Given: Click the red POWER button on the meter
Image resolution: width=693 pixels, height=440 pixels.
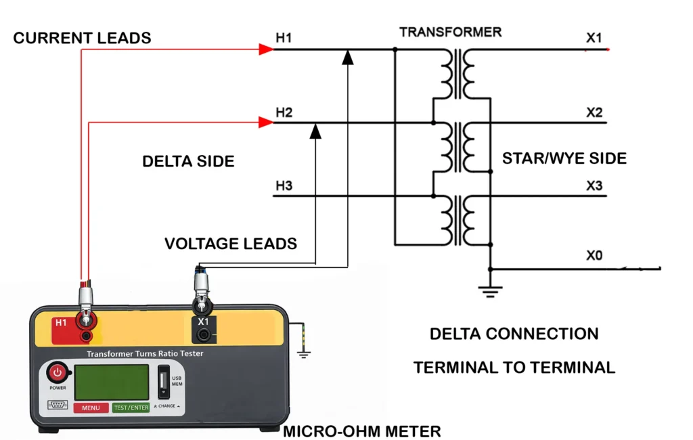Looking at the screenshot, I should [58, 373].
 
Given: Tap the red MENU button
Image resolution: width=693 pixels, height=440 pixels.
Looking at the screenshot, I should [91, 408].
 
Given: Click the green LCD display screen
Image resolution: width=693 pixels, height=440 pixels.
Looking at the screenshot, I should [112, 381].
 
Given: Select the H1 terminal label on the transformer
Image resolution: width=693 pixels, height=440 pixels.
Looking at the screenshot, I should [284, 38].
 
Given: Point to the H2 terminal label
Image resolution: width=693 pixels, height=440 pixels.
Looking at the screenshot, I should [284, 112].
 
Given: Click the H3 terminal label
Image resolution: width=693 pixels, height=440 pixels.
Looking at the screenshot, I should [284, 185].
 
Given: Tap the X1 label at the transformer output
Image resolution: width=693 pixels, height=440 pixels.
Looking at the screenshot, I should [594, 38].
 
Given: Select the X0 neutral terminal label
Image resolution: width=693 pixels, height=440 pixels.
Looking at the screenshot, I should [594, 256].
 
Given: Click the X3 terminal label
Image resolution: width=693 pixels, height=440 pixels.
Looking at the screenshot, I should [594, 185].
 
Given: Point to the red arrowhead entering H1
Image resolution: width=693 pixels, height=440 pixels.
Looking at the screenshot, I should [266, 49].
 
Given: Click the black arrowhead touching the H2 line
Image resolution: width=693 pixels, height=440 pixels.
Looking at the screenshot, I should [315, 131].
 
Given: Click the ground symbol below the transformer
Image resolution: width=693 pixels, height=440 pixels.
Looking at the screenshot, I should [490, 291].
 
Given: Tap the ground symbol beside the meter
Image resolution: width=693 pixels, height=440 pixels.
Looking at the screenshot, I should [304, 353].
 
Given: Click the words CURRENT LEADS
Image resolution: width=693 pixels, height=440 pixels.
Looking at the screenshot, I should [82, 38].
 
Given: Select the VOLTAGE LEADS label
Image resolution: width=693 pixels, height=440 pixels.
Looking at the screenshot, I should [231, 244].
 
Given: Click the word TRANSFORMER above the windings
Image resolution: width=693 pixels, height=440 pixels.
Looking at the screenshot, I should [450, 32].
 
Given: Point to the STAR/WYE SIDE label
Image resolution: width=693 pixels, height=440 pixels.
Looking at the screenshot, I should [564, 158].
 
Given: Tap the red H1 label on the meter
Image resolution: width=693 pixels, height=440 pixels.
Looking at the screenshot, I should [61, 323].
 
